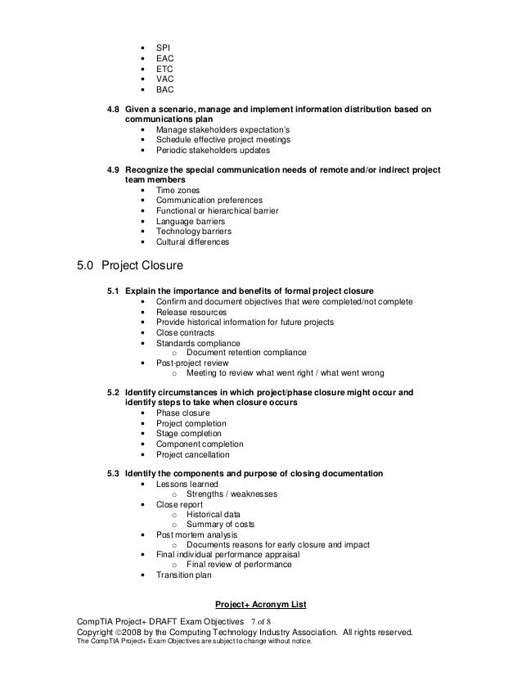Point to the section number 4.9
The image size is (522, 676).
[x=115, y=170]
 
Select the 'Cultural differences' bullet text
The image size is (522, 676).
[x=193, y=242]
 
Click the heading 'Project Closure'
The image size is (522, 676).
[x=145, y=267]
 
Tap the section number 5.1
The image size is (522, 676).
[x=115, y=291]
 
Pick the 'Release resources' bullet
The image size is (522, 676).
[x=191, y=313]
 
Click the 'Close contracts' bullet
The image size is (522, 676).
[x=186, y=333]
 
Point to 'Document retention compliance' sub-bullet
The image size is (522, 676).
[x=246, y=353]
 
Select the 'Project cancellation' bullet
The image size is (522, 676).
[x=193, y=454]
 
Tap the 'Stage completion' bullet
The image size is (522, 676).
[x=189, y=434]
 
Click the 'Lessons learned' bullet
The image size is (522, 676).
[x=187, y=484]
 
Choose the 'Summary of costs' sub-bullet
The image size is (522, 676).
[x=220, y=525]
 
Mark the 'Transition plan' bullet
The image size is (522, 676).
[x=184, y=575]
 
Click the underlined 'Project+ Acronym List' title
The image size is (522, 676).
[x=260, y=605]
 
